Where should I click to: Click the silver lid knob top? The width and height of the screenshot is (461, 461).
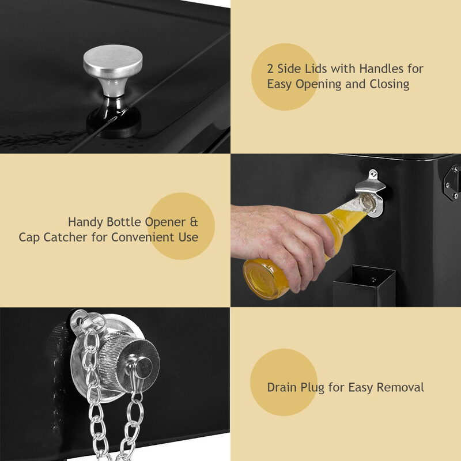click(x=113, y=61)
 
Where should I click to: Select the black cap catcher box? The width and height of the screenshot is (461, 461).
click(x=364, y=286)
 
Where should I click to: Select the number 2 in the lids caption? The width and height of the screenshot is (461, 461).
click(x=270, y=69)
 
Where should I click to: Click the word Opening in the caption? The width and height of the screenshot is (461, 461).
click(x=319, y=85)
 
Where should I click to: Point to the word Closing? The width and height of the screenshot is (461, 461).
click(x=390, y=85)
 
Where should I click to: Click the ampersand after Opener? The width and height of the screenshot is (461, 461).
click(x=194, y=222)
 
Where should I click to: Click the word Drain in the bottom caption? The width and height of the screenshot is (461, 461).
click(x=282, y=387)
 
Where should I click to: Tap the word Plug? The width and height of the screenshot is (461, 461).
click(x=312, y=388)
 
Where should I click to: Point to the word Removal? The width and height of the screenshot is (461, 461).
click(x=400, y=387)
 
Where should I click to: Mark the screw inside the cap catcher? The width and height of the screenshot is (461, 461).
click(x=373, y=279)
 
